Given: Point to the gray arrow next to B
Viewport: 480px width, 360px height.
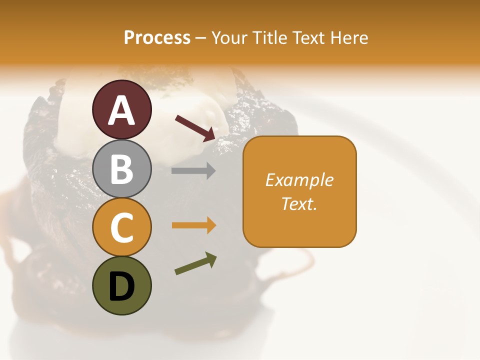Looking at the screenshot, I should click(x=193, y=171).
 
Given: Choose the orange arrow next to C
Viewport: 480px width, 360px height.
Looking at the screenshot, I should click(x=193, y=225).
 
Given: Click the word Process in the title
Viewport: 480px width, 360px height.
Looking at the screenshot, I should click(x=157, y=37).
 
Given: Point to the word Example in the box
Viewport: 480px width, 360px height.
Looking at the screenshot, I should click(x=299, y=180).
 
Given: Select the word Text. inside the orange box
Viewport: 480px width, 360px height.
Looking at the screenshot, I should click(x=299, y=203).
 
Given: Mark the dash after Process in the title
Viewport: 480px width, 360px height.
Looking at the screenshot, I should click(x=200, y=38).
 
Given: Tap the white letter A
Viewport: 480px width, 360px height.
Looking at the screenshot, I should click(x=122, y=110).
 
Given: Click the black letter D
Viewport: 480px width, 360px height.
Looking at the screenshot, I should click(x=122, y=287).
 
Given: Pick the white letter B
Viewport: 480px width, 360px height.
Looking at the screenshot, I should click(x=122, y=169).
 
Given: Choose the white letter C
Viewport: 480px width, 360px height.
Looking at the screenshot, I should click(x=122, y=228).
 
